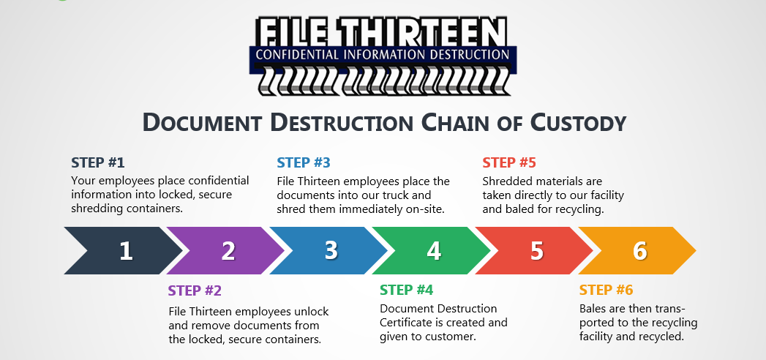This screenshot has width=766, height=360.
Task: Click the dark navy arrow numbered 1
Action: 124,251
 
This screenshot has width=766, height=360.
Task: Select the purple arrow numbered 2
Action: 228,251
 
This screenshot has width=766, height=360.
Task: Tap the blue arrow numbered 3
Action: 331,251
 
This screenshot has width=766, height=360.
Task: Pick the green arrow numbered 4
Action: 434,251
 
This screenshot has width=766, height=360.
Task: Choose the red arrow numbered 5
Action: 536,251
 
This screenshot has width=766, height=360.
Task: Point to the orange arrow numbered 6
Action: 639,251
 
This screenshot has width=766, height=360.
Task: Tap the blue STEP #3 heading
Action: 304,162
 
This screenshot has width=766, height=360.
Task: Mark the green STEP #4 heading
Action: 407,290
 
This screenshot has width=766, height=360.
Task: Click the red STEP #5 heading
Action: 509,162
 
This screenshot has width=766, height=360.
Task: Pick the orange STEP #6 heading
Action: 606,290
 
